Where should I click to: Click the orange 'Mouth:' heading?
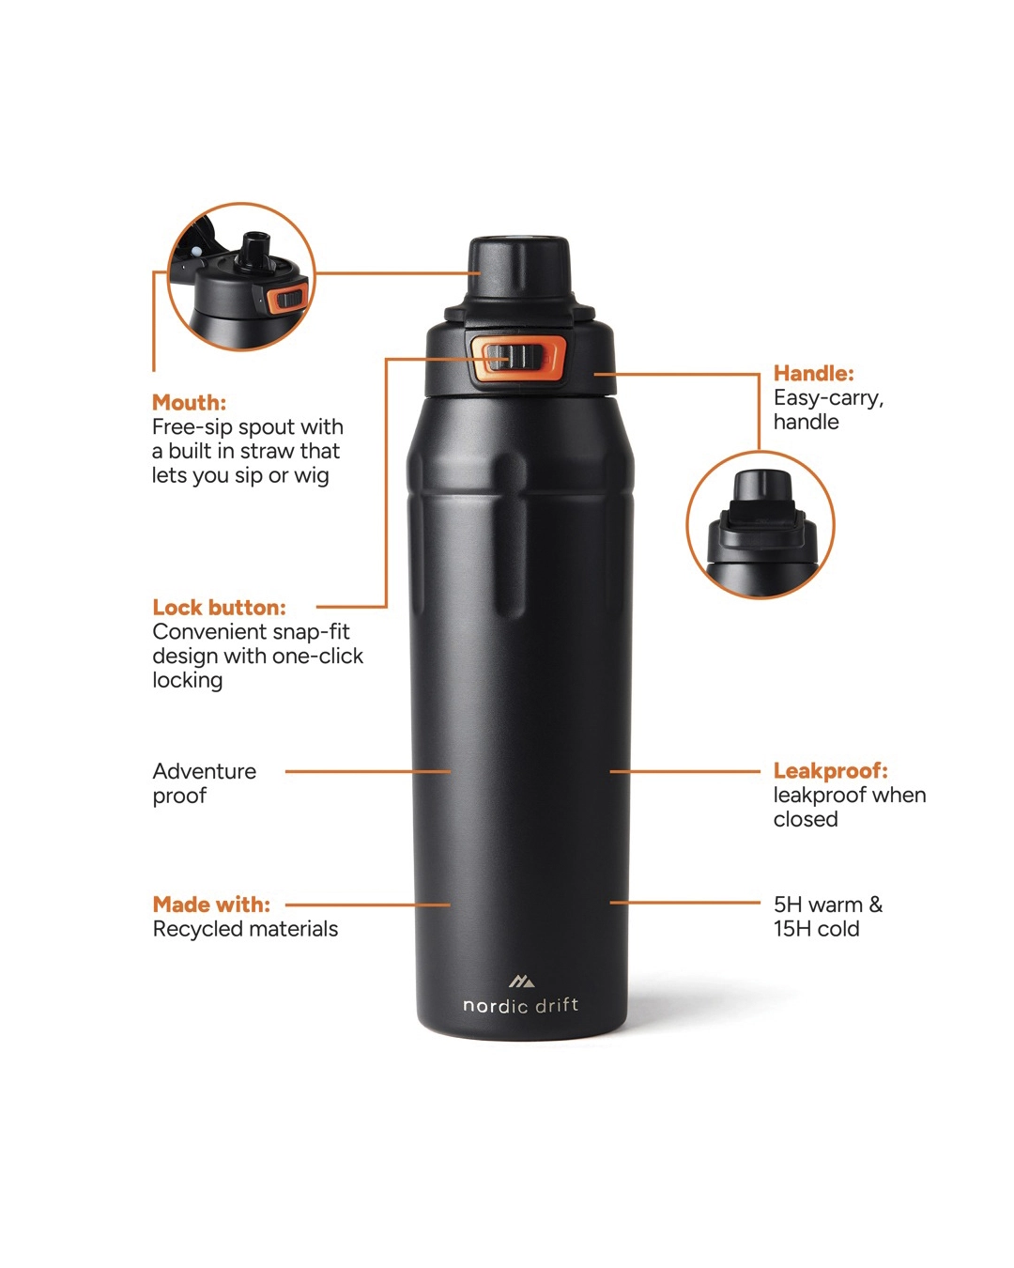[189, 403]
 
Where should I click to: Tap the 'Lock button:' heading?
[219, 608]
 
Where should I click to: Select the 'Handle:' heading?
[813, 374]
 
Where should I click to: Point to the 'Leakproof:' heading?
[830, 771]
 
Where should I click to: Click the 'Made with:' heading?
[211, 905]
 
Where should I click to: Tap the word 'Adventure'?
[205, 771]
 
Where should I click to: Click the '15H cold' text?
[816, 929]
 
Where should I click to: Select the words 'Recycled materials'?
[245, 929]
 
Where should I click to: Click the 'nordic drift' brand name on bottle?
[520, 1006]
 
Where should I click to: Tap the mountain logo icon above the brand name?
[521, 982]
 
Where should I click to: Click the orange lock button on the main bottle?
[518, 358]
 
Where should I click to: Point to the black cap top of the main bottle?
[519, 267]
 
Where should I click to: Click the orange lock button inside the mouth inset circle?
[287, 300]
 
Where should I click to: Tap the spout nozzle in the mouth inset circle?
[253, 250]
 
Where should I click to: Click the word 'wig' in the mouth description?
[311, 475]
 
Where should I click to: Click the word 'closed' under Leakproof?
[806, 819]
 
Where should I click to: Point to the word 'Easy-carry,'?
[828, 398]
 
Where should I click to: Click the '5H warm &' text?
[827, 905]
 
